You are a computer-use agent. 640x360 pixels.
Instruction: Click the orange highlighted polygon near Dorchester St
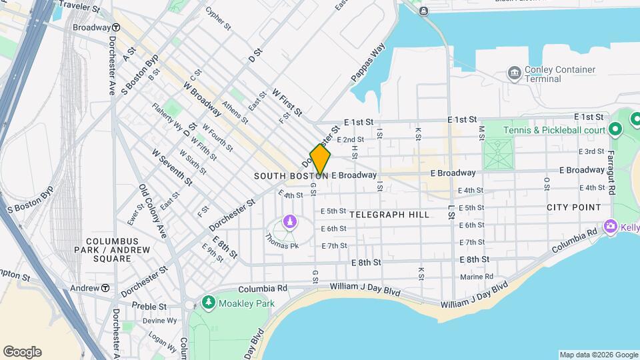320,160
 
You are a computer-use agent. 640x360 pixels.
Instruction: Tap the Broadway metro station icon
116,28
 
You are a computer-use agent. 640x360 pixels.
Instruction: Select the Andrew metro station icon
105,288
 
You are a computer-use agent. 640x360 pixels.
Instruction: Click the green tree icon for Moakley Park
209,303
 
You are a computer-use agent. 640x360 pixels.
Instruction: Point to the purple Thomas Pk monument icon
289,221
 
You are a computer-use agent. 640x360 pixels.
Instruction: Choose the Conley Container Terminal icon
514,72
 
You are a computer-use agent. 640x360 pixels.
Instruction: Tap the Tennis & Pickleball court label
563,129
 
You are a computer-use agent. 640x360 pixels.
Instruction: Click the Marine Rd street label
476,276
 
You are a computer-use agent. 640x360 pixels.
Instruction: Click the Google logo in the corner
22,351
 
